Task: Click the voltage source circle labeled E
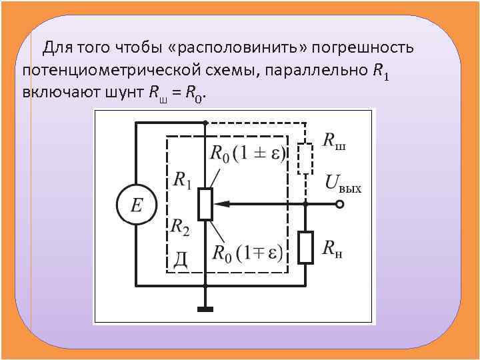click(x=136, y=204)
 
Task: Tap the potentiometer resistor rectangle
click(x=205, y=204)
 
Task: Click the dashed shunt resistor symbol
click(x=305, y=159)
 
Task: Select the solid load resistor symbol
click(x=305, y=247)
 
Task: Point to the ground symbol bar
click(x=205, y=309)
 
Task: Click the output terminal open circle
click(x=339, y=204)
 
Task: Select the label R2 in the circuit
click(x=180, y=228)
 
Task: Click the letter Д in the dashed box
click(x=180, y=259)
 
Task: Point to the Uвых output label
click(x=343, y=183)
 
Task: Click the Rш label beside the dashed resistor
click(x=334, y=141)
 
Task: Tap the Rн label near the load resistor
click(x=333, y=250)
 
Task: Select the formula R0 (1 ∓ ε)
click(x=247, y=253)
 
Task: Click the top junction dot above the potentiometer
click(x=205, y=123)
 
